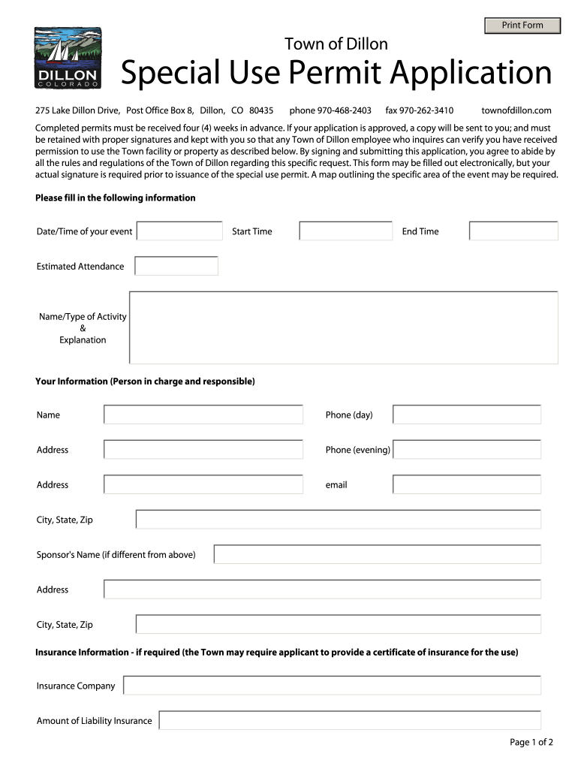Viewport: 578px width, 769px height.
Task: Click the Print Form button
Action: click(x=522, y=26)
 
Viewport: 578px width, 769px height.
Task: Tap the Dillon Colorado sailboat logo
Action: click(x=68, y=59)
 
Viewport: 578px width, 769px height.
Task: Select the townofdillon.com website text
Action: click(x=516, y=110)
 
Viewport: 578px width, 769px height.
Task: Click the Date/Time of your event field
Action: click(x=180, y=231)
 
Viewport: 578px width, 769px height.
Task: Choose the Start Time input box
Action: click(x=346, y=231)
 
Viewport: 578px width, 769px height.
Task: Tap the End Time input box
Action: click(x=513, y=231)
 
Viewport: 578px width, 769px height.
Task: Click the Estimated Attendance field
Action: click(x=176, y=267)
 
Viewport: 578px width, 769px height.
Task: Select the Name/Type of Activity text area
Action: click(x=344, y=327)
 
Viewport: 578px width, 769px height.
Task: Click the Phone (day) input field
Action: click(x=467, y=415)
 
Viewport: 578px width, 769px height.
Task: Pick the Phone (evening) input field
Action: click(x=467, y=450)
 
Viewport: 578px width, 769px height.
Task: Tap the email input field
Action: click(x=467, y=485)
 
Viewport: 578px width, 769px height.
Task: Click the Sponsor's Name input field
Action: click(x=378, y=555)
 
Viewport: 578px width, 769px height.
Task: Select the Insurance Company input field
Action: click(x=333, y=686)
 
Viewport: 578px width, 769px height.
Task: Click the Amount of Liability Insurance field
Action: click(x=351, y=721)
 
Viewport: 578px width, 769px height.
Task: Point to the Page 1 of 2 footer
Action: click(x=531, y=743)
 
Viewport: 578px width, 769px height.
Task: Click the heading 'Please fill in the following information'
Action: click(x=116, y=198)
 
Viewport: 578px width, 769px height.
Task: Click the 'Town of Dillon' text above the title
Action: click(x=336, y=44)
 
